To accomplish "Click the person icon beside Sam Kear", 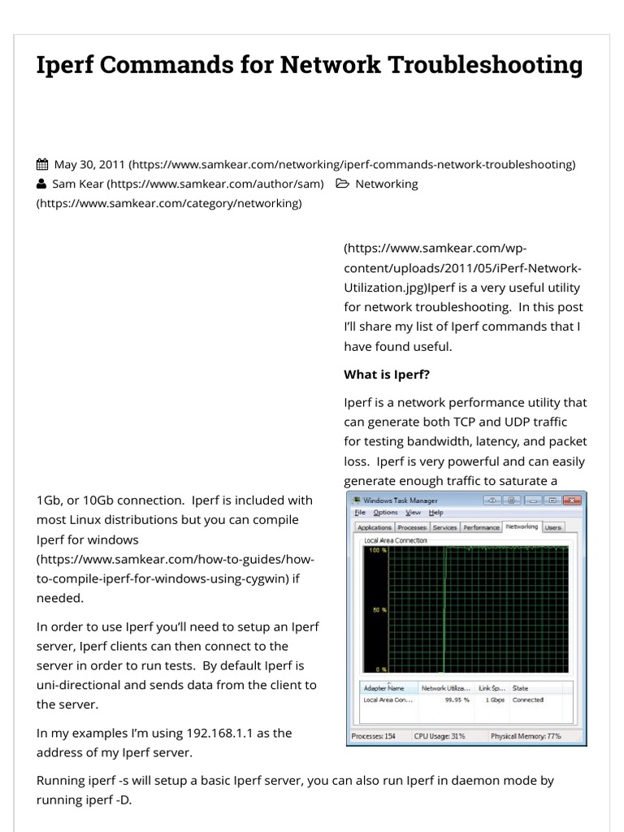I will point(42,184).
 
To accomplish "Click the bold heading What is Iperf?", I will point(387,375).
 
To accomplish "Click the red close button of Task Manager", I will point(574,500).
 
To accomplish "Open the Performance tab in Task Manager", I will point(481,527).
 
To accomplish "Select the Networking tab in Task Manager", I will point(522,526).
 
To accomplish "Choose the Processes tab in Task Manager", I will point(412,527).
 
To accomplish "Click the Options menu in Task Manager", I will point(385,513).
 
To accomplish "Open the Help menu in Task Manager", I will point(436,513).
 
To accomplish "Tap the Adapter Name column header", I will point(383,688).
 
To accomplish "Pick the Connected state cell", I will point(528,700).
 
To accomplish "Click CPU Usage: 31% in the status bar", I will point(440,736).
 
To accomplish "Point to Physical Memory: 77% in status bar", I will point(526,736).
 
